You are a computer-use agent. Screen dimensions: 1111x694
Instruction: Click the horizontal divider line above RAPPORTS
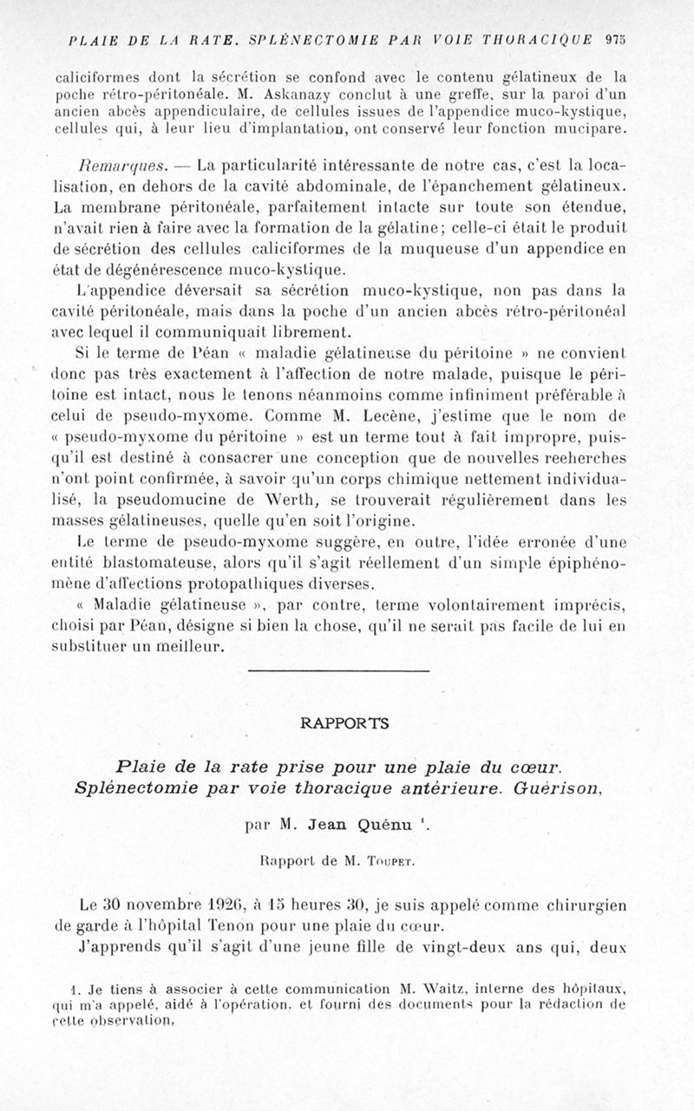coord(338,670)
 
